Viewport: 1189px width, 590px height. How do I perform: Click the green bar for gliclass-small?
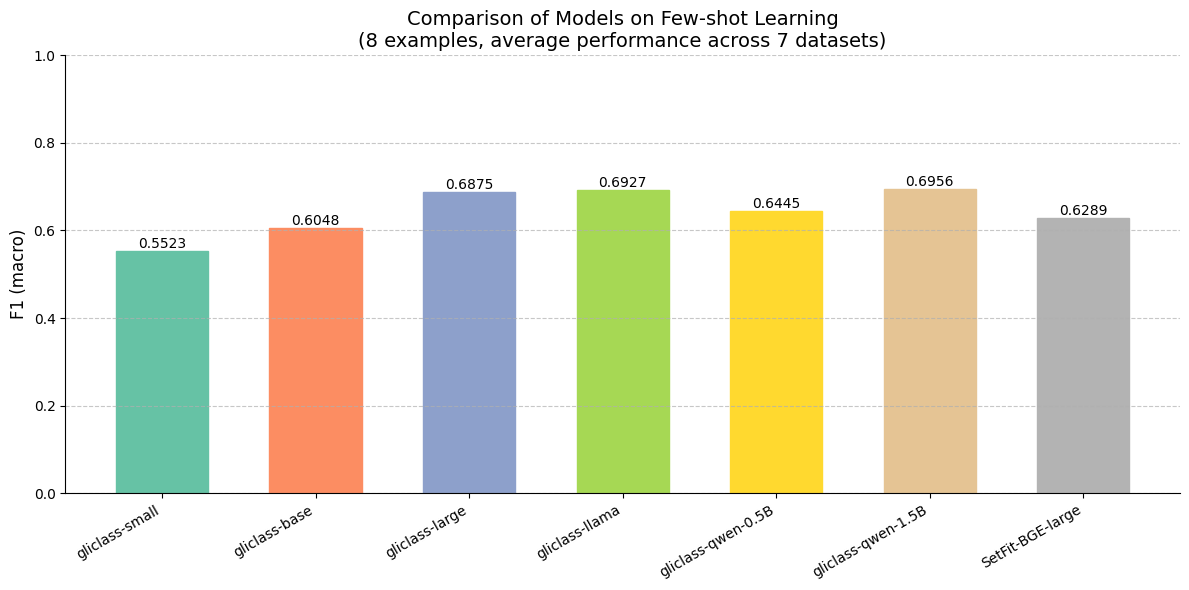tap(162, 372)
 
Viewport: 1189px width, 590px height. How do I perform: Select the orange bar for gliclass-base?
tap(316, 360)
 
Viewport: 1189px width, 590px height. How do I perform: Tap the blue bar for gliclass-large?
tap(469, 342)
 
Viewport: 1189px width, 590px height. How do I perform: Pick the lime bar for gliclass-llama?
tap(623, 341)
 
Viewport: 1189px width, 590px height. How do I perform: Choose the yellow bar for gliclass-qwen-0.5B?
tap(776, 352)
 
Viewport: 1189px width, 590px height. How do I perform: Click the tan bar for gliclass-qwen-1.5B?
tap(930, 341)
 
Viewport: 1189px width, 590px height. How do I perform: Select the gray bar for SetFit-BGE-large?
tap(1083, 355)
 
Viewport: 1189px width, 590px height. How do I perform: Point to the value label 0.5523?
tap(162, 243)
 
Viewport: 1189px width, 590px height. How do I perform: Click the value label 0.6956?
tap(930, 182)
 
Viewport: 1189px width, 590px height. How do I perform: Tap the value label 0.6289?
tap(1083, 211)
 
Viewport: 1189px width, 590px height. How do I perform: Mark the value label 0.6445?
tap(776, 204)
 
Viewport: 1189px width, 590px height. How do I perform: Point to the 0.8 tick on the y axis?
tap(44, 143)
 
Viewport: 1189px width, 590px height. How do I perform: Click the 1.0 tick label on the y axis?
tap(44, 56)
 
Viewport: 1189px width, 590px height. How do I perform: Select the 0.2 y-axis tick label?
tap(44, 406)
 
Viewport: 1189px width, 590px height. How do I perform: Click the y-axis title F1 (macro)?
tap(18, 274)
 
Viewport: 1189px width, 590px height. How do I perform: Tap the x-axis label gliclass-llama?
tap(580, 531)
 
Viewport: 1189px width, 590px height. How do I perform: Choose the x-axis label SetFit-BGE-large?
tap(1033, 536)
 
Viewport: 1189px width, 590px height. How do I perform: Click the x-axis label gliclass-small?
tap(118, 532)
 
